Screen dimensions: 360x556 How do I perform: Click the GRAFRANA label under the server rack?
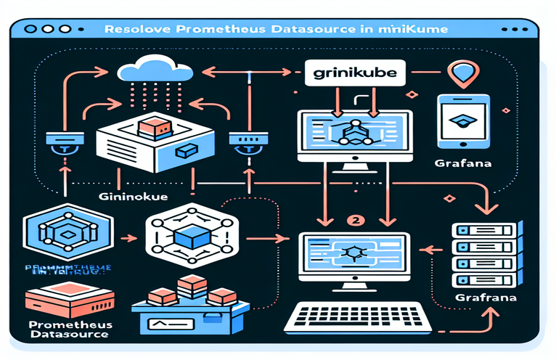pos(475,298)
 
